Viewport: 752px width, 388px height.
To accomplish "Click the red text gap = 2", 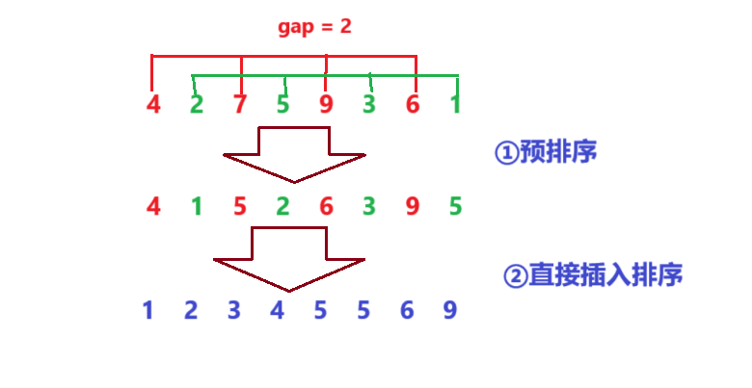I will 314,27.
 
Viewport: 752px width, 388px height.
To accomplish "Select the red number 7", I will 239,103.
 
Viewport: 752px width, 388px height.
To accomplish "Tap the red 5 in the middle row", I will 239,205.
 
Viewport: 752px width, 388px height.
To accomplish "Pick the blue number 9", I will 450,310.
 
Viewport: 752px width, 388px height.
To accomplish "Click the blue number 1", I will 148,310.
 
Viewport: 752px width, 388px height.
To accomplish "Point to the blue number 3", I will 233,310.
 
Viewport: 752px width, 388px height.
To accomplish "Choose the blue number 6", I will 407,310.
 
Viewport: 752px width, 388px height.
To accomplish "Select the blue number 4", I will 278,310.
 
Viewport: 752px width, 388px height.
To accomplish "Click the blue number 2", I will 190,310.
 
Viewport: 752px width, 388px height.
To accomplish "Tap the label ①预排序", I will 545,153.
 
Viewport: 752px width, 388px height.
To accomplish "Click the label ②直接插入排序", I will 593,276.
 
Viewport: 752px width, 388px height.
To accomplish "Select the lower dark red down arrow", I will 289,259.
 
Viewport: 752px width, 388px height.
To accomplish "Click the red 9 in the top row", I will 326,103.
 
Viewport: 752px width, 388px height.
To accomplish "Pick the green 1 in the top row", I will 455,103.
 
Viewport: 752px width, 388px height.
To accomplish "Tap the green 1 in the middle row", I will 196,205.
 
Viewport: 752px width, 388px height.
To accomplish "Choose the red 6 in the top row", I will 413,103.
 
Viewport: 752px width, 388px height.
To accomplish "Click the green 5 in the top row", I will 282,103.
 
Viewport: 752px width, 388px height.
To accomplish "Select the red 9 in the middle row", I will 412,205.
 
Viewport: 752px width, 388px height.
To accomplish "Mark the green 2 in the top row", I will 197,103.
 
